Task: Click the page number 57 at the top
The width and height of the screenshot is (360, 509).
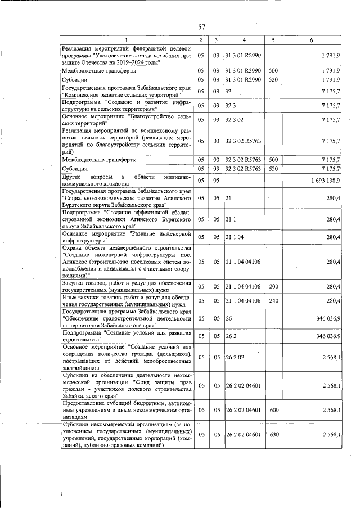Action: click(x=202, y=26)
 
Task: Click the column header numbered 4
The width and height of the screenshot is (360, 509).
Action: click(x=244, y=40)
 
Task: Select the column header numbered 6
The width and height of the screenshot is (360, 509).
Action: click(x=312, y=40)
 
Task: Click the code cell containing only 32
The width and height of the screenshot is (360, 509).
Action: click(x=228, y=91)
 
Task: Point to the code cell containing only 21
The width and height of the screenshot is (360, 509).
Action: click(x=228, y=198)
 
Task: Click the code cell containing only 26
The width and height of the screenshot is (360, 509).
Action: click(x=228, y=318)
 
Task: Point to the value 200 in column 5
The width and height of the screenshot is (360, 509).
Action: click(x=274, y=286)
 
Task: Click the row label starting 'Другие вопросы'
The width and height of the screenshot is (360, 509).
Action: click(x=127, y=180)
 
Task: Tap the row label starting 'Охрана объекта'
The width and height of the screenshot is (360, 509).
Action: click(x=127, y=262)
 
